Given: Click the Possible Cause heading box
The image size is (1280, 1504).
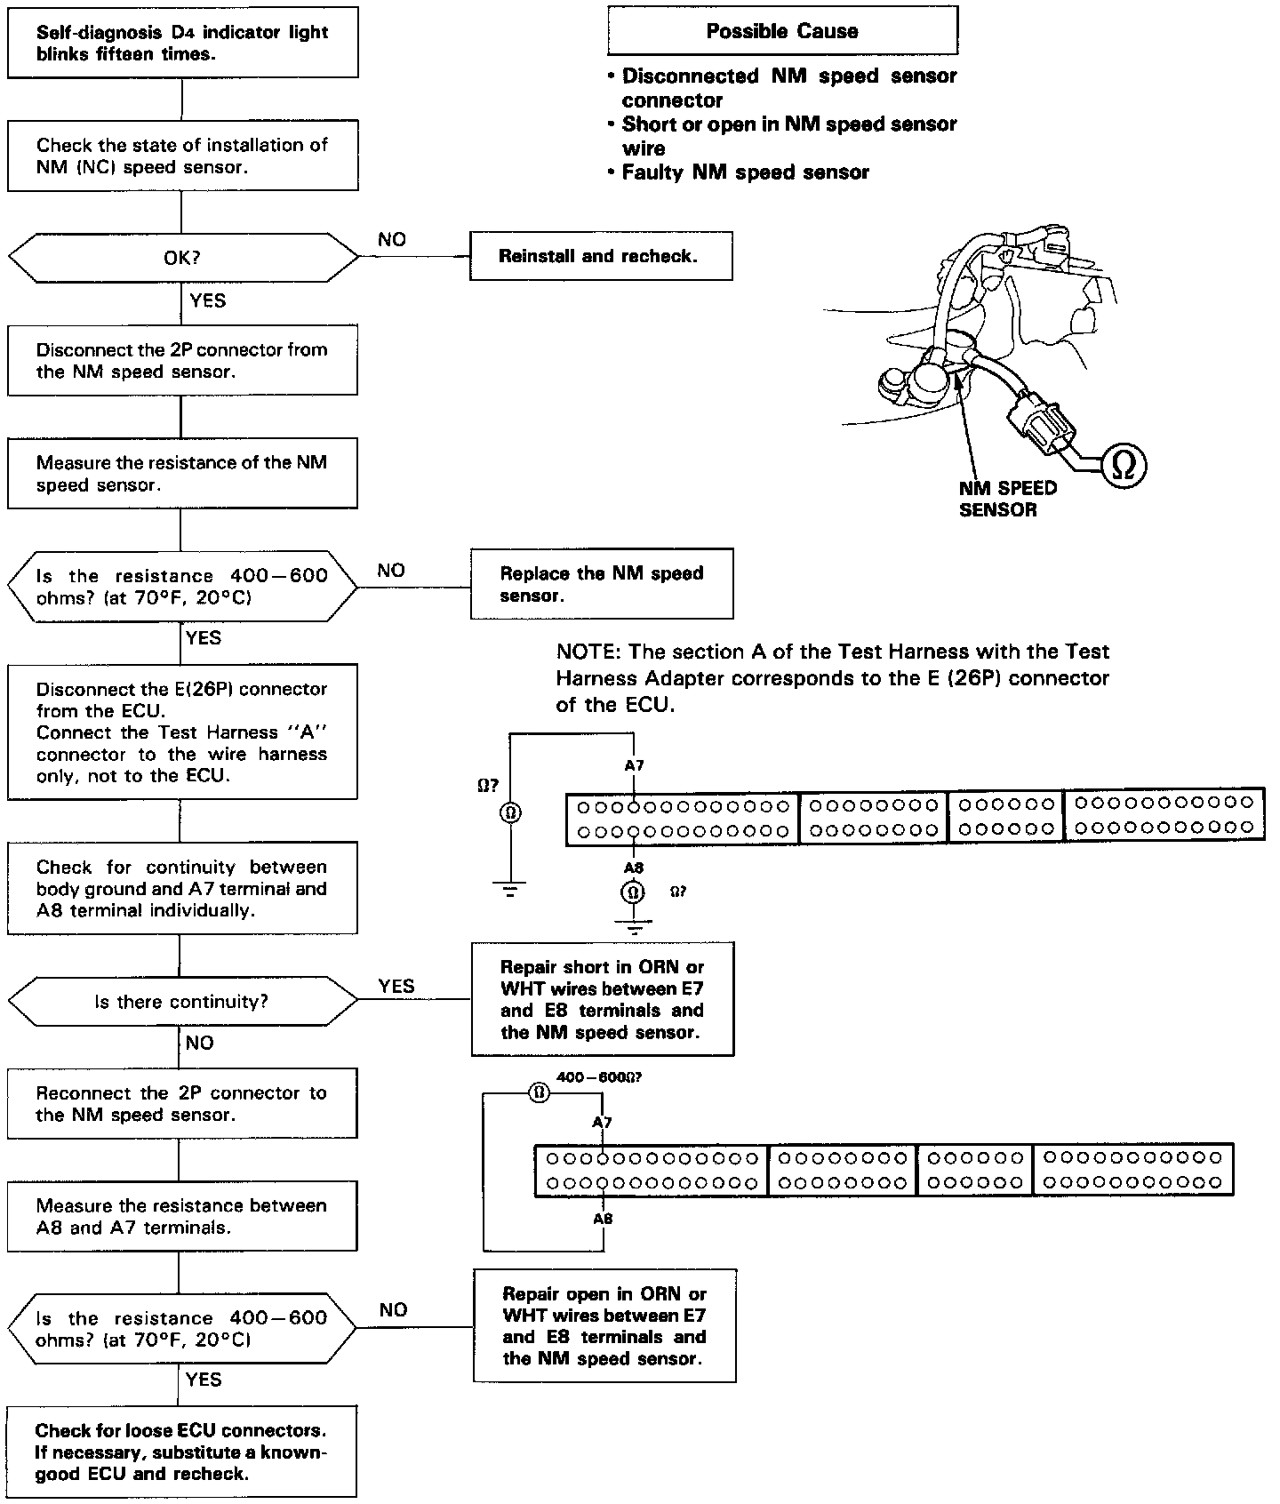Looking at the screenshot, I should click(x=782, y=32).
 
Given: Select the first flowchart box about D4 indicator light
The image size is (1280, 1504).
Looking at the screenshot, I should click(x=183, y=44).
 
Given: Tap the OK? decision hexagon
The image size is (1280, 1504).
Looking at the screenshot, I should click(x=182, y=258).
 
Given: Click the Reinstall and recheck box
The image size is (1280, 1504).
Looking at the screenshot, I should click(x=601, y=256).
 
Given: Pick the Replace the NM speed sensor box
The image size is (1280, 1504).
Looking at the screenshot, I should click(x=602, y=584).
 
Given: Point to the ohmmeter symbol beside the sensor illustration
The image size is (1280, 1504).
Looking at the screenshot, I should click(x=1124, y=466).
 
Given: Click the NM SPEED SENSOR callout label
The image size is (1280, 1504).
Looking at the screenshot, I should click(x=1008, y=499).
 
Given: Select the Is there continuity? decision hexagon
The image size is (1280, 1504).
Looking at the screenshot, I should click(x=182, y=1002).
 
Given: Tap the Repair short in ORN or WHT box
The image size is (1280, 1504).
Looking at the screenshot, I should click(x=603, y=999).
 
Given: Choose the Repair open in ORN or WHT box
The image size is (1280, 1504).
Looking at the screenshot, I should click(x=604, y=1326).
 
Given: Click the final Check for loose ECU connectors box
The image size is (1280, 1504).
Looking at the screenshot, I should click(x=182, y=1452).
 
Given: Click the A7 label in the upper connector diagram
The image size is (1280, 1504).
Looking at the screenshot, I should click(x=634, y=764).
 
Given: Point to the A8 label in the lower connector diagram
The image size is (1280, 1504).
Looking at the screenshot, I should click(x=603, y=1219).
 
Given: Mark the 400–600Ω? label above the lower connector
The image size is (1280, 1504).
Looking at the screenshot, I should click(x=598, y=1077).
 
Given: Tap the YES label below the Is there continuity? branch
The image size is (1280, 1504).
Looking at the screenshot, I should click(x=396, y=986).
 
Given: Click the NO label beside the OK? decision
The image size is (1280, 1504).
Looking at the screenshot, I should click(x=392, y=239).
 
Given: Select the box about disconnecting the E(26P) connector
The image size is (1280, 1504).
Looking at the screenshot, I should click(x=182, y=732).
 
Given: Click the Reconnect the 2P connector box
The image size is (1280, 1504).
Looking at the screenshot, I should click(x=182, y=1104).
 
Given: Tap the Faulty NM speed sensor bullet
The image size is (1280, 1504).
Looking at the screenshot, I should click(x=745, y=172).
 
